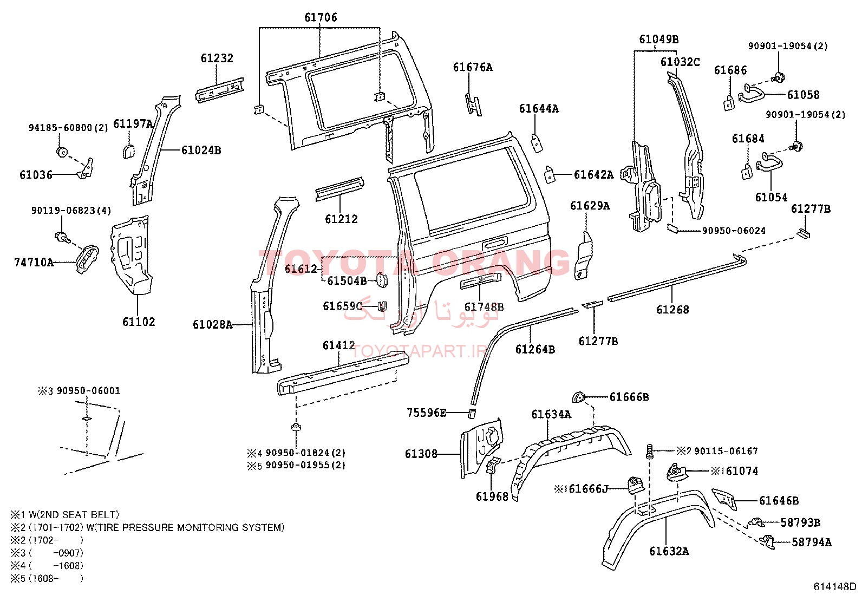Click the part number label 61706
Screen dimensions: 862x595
(321, 17)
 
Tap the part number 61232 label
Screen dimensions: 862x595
(217, 58)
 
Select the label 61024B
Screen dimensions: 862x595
(201, 150)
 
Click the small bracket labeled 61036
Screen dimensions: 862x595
(86, 168)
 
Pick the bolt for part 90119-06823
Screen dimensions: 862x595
(62, 237)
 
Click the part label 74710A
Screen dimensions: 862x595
(34, 263)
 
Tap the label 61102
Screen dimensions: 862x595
(139, 322)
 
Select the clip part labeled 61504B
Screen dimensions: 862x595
(381, 280)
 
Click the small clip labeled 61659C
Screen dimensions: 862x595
(382, 306)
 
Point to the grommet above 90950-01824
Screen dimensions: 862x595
(296, 427)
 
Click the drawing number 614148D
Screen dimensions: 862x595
(834, 586)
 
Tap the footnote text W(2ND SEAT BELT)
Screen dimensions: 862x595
(74, 514)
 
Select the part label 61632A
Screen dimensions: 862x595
(669, 552)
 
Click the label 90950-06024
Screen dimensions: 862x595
(734, 231)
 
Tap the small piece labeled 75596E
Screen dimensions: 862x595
(472, 414)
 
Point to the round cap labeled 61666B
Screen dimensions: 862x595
(578, 397)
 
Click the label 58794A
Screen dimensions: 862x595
(812, 542)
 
